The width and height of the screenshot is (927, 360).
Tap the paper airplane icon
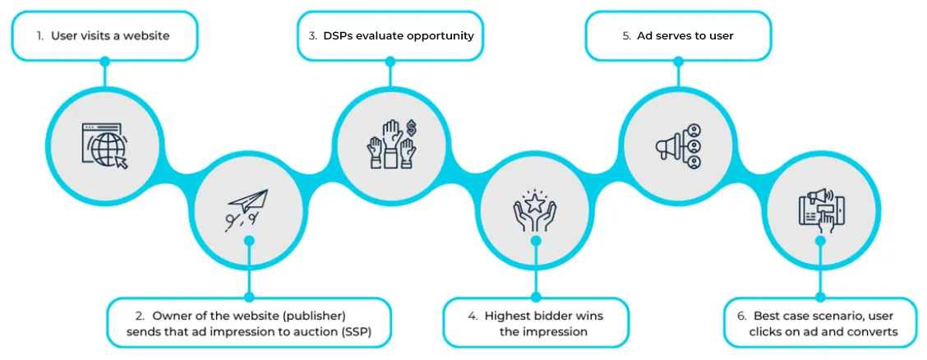(246, 210)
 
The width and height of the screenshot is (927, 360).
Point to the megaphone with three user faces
(678, 145)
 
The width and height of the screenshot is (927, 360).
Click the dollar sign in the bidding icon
(410, 128)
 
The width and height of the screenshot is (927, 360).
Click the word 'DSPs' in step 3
(336, 35)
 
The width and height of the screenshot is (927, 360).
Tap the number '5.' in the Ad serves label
(627, 35)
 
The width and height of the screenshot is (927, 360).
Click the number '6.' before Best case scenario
(742, 316)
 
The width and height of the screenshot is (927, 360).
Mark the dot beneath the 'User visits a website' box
(104, 61)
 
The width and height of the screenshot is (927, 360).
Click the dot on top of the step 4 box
(536, 298)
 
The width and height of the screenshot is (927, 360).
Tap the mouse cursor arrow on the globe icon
(122, 163)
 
